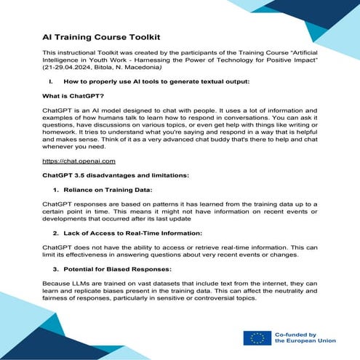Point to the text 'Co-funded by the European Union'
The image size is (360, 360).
(x=303, y=338)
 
